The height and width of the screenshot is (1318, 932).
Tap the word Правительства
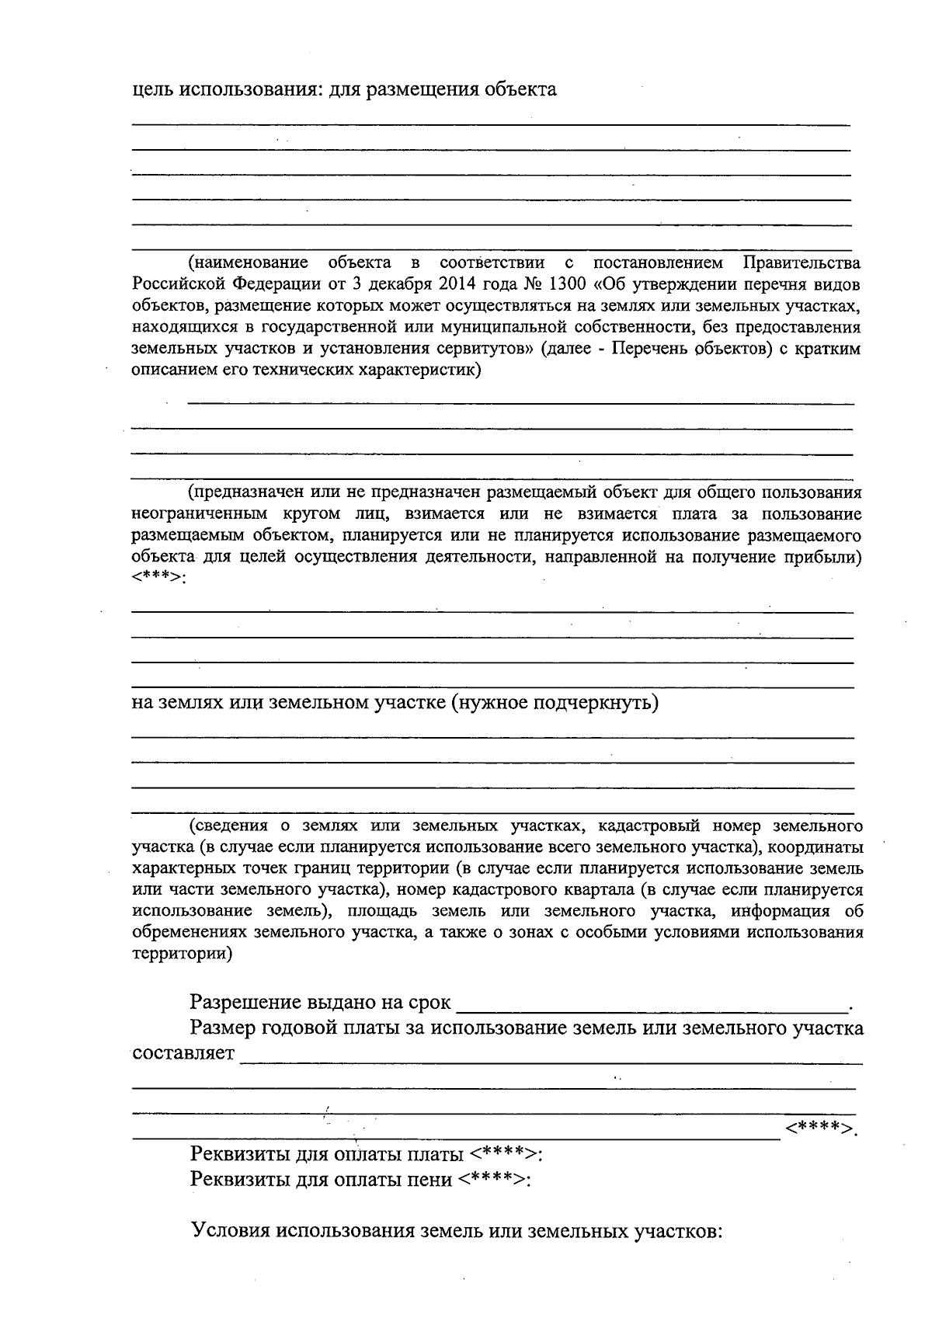pos(802,263)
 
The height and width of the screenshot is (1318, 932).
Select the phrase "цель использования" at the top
pos(221,89)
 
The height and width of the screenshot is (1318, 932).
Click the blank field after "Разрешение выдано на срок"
pos(652,1004)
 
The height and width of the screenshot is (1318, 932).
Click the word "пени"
pos(429,1181)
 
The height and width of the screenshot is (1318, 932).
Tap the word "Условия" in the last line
pos(231,1233)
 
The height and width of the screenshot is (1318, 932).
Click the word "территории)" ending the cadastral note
pos(182,953)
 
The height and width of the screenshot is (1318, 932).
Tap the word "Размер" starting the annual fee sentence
pos(224,1030)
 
